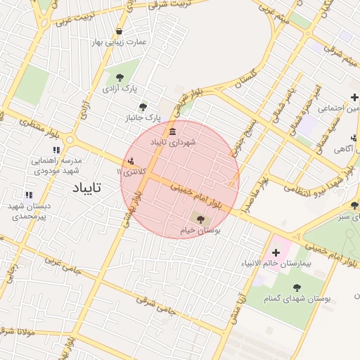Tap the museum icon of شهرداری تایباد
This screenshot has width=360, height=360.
pyautogui.click(x=172, y=132)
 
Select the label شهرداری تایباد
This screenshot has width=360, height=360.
pyautogui.click(x=172, y=143)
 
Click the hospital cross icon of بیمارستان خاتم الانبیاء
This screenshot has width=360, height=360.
pyautogui.click(x=276, y=252)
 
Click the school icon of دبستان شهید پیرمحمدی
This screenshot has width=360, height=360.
pyautogui.click(x=29, y=195)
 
